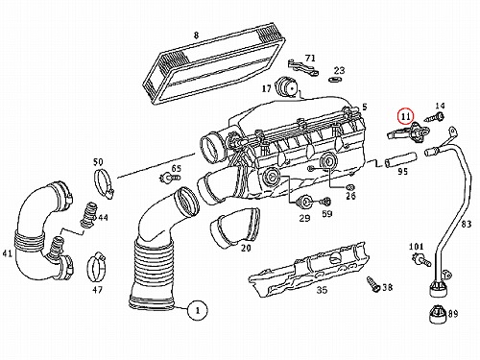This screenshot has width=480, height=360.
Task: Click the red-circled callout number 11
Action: tap(406, 116)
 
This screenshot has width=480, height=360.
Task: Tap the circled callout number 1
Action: tap(198, 310)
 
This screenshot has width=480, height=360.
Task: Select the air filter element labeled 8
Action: tap(214, 63)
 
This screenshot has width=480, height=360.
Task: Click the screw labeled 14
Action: tap(434, 117)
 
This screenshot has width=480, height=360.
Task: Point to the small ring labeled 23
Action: tap(335, 79)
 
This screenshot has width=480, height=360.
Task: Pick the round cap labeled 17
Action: tap(287, 85)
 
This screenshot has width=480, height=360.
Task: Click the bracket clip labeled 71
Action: tap(302, 67)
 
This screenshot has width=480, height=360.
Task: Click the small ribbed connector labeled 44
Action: tap(87, 215)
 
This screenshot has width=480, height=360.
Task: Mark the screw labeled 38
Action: tap(373, 284)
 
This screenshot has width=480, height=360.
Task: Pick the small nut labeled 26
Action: tap(350, 186)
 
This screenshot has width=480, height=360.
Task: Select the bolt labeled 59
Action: tap(325, 202)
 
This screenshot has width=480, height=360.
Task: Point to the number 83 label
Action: tap(467, 224)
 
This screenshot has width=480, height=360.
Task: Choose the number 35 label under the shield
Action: tap(322, 290)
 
